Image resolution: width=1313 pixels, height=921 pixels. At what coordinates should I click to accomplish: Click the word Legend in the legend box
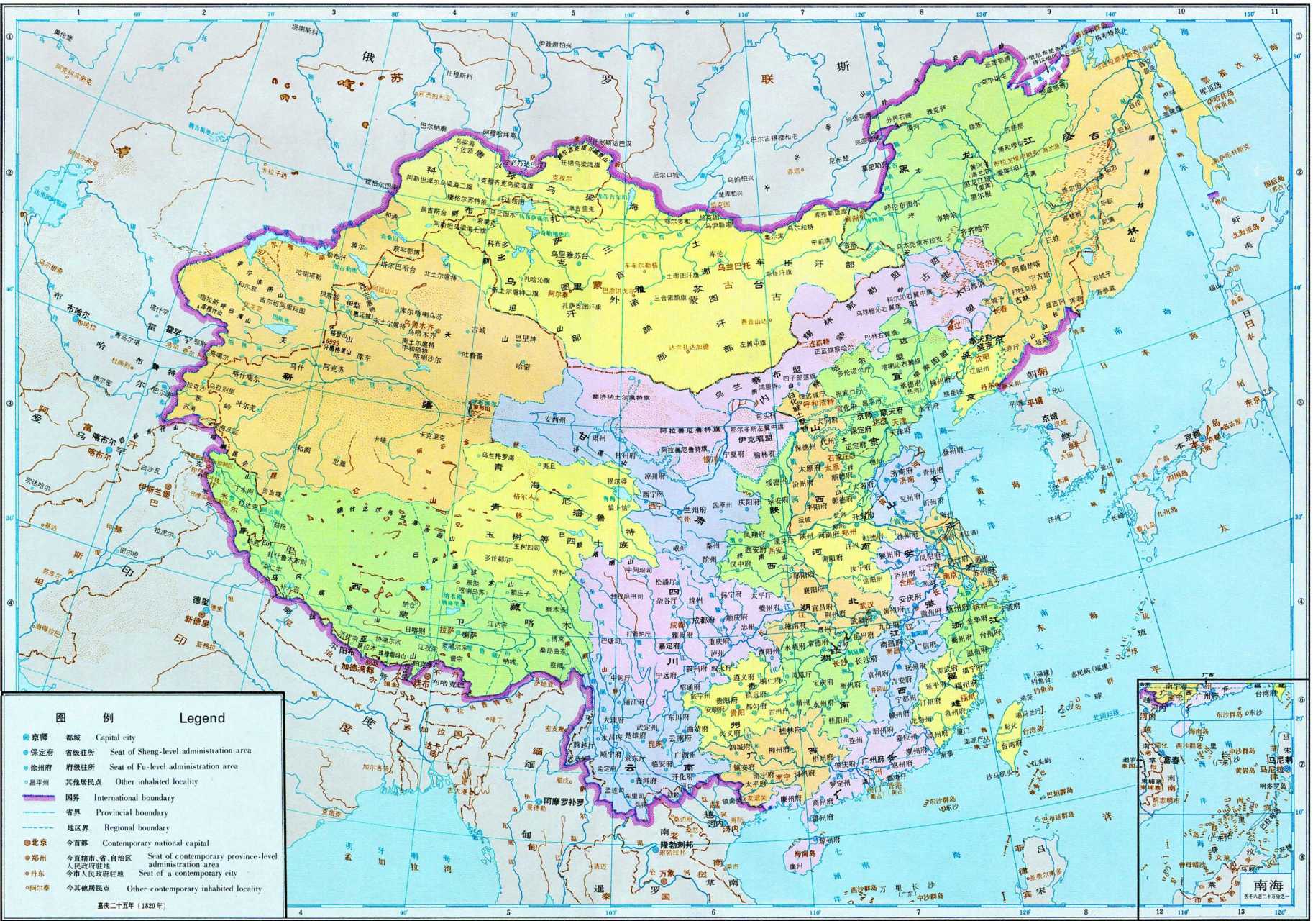point(202,717)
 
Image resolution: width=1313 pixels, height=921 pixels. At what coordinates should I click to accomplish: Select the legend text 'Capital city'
point(116,738)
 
